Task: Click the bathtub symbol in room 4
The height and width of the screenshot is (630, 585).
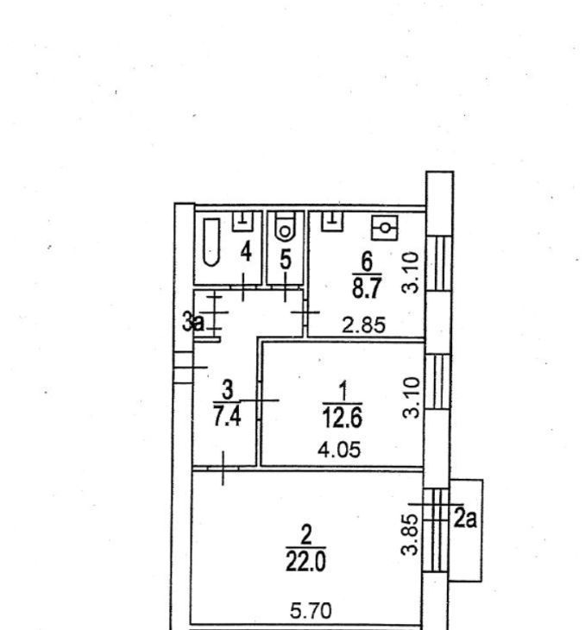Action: (211, 242)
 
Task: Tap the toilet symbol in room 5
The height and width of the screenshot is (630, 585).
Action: (285, 227)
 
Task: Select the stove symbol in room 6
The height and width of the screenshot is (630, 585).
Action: (385, 228)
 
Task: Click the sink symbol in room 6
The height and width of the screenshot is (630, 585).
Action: (332, 222)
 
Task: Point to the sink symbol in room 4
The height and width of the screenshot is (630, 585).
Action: (243, 222)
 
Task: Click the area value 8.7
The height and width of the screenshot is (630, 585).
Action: (366, 287)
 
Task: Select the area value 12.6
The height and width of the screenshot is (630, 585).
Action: (343, 417)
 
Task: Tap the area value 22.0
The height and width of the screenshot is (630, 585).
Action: (305, 561)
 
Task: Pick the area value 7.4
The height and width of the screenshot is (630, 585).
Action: (227, 416)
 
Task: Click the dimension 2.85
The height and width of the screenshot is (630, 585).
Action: (363, 325)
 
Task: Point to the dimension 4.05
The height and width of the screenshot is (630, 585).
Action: (339, 450)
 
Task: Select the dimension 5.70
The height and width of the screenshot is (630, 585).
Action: (311, 611)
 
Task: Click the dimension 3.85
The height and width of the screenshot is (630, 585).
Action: (411, 535)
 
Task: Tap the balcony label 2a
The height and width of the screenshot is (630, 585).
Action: (465, 520)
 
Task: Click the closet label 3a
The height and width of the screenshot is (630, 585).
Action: (193, 322)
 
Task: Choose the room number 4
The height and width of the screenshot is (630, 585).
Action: (246, 253)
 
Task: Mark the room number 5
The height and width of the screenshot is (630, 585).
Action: (285, 260)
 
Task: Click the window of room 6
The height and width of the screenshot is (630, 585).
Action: (437, 263)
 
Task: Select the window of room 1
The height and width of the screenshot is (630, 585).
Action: (437, 381)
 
